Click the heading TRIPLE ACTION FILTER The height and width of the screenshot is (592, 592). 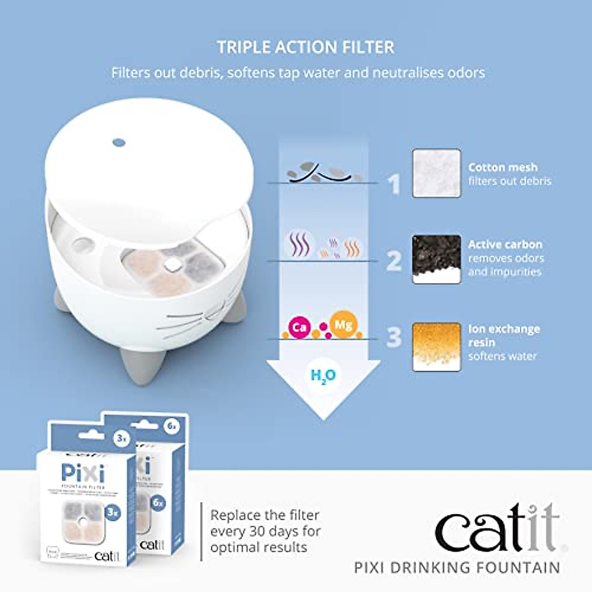pos(305,47)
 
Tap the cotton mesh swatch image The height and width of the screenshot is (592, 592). pos(437,173)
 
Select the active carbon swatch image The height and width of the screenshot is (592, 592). pos(437,259)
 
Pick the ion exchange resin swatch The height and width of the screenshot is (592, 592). pos(437,346)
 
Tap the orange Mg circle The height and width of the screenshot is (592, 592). pos(343,325)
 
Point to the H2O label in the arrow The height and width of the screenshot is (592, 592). pos(323,376)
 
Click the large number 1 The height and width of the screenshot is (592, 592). pos(394,185)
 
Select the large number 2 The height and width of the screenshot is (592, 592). pos(394,261)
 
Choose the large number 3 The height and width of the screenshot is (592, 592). pos(394,337)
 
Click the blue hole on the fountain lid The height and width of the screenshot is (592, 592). pos(119,143)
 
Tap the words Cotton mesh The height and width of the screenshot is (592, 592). pos(503,167)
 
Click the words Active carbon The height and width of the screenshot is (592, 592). pos(505,244)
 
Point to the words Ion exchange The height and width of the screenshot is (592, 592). pos(504,329)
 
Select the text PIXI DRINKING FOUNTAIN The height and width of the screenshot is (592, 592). pos(457,567)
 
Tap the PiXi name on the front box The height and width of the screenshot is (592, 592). pos(83,474)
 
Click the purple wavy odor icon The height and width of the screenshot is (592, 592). pos(298,245)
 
